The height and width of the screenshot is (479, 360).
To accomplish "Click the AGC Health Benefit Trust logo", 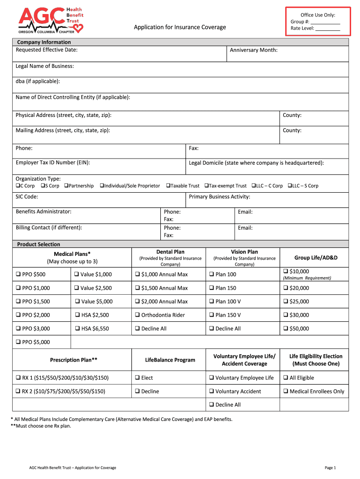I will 50,21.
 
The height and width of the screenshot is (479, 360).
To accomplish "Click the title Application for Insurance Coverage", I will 180,27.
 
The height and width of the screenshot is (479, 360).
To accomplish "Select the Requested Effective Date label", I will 46,50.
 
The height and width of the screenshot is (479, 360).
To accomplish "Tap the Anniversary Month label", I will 253,50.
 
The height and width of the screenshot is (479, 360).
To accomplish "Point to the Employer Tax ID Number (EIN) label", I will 53,163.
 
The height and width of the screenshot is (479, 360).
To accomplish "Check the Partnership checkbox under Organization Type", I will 66,186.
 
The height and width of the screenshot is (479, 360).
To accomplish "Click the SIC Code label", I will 27,197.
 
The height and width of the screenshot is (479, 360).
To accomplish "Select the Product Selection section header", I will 38,244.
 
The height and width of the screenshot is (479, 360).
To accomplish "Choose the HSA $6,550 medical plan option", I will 78,329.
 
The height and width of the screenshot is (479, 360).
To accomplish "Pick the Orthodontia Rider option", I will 137,315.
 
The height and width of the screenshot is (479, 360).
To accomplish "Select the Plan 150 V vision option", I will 211,315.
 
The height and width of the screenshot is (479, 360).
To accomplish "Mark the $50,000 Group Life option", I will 286,329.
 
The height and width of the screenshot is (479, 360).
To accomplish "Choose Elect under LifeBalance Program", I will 137,378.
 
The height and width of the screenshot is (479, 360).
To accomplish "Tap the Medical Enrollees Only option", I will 286,392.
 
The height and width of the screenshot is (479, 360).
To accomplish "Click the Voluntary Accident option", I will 211,392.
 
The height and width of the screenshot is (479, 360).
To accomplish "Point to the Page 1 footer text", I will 330,468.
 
